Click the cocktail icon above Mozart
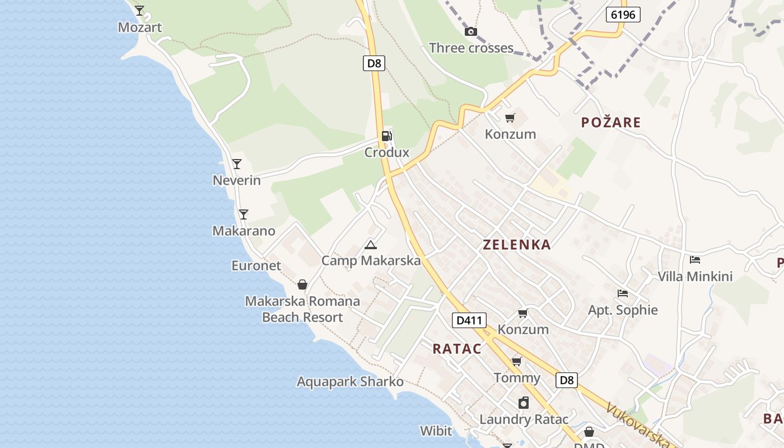click(139, 10)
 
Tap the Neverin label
click(237, 180)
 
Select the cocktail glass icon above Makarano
click(243, 214)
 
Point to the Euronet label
click(256, 265)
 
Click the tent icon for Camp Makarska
click(370, 245)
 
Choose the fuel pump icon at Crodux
click(386, 136)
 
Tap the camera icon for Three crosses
click(471, 31)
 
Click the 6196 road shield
click(623, 15)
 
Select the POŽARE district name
click(611, 123)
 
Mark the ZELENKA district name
click(517, 245)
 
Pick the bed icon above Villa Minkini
click(695, 259)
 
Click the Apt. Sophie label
click(623, 310)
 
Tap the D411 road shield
click(469, 320)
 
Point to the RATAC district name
click(457, 349)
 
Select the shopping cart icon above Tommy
click(516, 361)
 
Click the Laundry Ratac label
click(524, 419)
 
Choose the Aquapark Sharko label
click(350, 382)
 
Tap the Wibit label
click(436, 431)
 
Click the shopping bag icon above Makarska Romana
click(302, 284)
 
